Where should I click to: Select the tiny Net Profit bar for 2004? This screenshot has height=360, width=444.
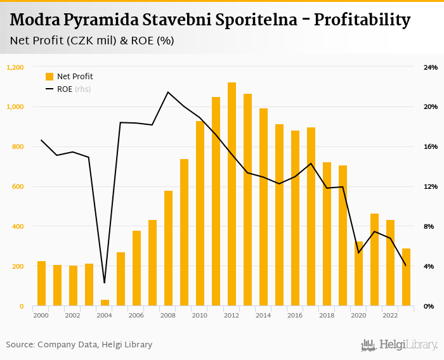click(x=105, y=303)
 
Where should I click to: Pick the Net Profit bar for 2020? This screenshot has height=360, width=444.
click(x=358, y=274)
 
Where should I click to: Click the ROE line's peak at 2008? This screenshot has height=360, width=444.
click(x=168, y=92)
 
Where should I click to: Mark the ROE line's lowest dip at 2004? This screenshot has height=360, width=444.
click(x=105, y=283)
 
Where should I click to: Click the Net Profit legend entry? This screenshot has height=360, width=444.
click(x=70, y=77)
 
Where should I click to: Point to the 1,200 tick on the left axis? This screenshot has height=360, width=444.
click(x=15, y=67)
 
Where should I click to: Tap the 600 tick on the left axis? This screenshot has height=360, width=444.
click(x=18, y=187)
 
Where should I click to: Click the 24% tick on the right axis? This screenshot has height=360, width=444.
click(x=430, y=67)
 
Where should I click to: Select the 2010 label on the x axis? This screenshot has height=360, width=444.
click(x=200, y=315)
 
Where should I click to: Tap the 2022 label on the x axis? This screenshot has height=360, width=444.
click(x=390, y=315)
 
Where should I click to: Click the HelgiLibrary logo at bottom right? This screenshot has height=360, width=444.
click(x=400, y=345)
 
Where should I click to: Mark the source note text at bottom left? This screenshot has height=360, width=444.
click(x=79, y=345)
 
